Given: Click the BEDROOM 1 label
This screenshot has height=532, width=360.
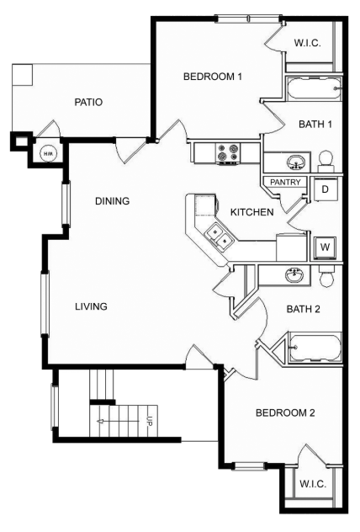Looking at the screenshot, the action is click(213, 77).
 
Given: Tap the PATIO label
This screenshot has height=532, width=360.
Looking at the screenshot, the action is click(88, 102).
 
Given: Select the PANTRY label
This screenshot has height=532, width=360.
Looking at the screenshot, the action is click(285, 182).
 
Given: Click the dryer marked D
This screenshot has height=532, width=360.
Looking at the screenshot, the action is click(325, 189).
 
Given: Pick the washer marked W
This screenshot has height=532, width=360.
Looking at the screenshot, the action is click(325, 247).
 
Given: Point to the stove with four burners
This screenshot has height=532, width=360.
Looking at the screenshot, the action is click(228, 152).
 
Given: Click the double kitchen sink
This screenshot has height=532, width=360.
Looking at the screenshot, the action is click(220, 237).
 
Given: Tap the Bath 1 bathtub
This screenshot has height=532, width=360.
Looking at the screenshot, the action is click(314, 88).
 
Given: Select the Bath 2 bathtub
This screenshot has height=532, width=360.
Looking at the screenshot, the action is click(315, 348).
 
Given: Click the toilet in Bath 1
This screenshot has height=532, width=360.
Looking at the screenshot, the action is click(326, 162).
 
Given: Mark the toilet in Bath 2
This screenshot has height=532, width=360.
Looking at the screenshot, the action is click(327, 276).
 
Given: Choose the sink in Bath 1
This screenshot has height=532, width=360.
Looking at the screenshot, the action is click(295, 162).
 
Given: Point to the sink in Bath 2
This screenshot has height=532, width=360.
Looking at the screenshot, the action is click(294, 274).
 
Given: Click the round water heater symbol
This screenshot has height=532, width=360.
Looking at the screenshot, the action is click(48, 154).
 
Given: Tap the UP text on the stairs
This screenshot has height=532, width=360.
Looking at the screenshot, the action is click(150, 421).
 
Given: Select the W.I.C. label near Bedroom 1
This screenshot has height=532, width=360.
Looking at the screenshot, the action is click(307, 43).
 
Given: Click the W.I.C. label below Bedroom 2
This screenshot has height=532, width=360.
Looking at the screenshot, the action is click(313, 483).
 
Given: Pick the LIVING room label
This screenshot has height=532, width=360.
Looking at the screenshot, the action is click(91, 306).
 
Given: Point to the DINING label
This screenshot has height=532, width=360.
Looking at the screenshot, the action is click(112, 201).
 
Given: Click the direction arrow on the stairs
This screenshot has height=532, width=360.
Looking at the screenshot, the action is click(118, 422).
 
